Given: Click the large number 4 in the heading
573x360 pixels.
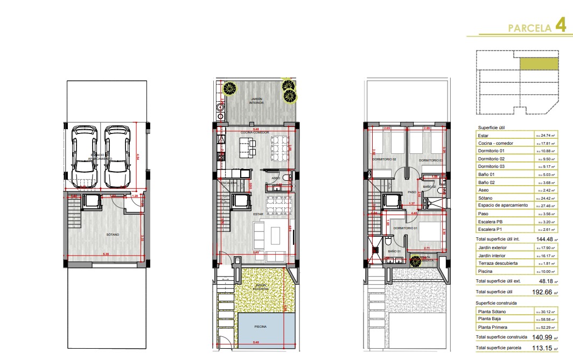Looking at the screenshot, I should pos(561,25).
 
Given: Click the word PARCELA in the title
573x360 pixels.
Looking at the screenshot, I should pos(529,28).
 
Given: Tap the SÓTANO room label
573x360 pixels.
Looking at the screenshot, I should pos(113,235).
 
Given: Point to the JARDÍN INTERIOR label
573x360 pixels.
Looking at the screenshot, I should pos(257,101).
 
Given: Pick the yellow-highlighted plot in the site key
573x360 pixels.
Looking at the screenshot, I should pos(539,64).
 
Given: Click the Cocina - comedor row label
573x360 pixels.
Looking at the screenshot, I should pos(495,143).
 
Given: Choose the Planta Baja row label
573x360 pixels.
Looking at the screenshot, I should pos(490,319).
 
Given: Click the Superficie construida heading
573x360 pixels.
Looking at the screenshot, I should pos(497,303).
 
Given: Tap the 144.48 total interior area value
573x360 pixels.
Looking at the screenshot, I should pos(543,238).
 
